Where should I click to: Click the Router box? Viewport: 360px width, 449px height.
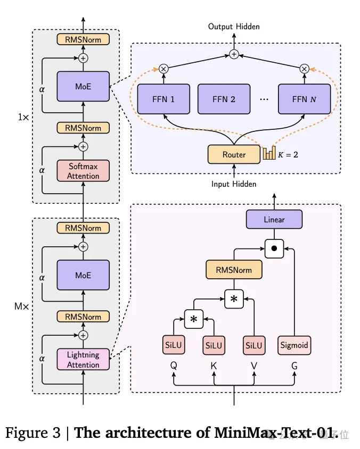[x=234, y=154]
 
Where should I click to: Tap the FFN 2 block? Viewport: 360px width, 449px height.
[x=224, y=99]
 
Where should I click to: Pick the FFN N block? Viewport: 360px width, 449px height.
[x=304, y=99]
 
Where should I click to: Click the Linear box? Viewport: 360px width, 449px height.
[x=274, y=219]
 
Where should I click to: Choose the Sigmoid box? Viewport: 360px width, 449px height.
[x=294, y=345]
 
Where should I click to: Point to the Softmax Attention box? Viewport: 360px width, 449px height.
[x=83, y=171]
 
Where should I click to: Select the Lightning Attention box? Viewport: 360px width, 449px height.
[x=83, y=360]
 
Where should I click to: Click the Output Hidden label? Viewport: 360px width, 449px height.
[x=234, y=27]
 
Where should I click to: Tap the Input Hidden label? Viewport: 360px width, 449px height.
[x=234, y=184]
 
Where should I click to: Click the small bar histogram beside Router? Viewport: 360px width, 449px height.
[x=269, y=153]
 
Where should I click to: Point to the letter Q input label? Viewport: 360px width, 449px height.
[x=174, y=366]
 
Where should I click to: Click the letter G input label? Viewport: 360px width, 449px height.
[x=294, y=366]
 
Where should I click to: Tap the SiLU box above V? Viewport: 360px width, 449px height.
[x=254, y=345]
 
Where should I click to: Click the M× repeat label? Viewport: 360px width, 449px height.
[x=22, y=306]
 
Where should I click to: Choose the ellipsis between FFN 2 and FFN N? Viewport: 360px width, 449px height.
[x=264, y=99]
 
